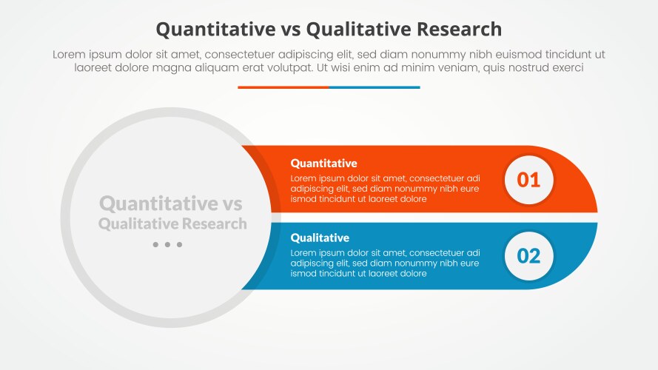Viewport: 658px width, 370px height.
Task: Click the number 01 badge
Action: pos(528,179)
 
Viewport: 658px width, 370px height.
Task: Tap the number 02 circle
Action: pos(528,256)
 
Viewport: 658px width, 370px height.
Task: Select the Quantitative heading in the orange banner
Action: pos(323,163)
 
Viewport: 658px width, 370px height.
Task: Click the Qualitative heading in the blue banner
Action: pos(320,238)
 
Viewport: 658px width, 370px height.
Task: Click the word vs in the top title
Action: pos(289,29)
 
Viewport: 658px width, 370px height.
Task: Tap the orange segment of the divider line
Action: pos(283,87)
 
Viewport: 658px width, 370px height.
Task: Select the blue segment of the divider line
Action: pos(374,87)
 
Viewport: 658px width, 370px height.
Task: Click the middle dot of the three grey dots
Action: pos(167,245)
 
